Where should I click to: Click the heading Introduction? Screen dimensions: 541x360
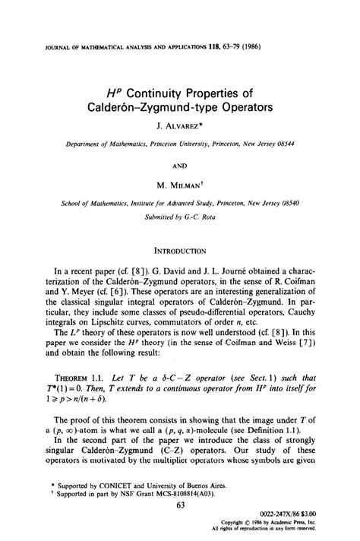coord(180,248)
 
